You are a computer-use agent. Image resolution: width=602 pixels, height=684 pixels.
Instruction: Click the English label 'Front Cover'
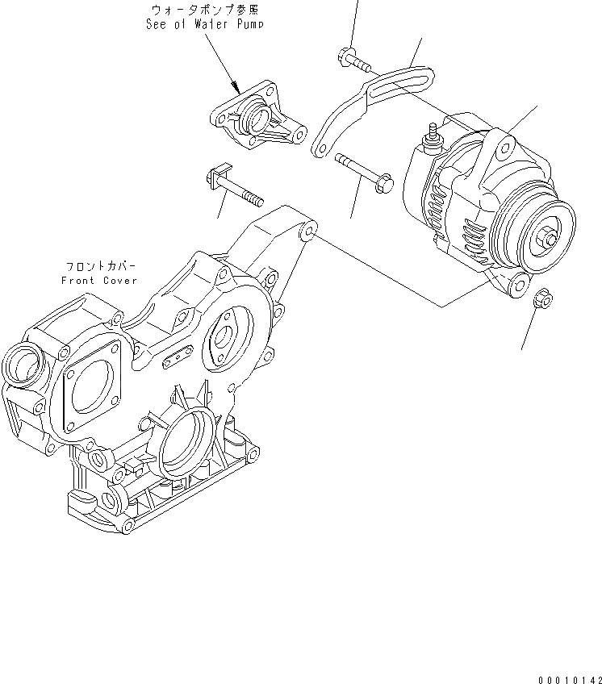pos(98,280)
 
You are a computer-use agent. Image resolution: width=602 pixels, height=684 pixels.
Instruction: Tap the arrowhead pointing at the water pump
pos(235,86)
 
